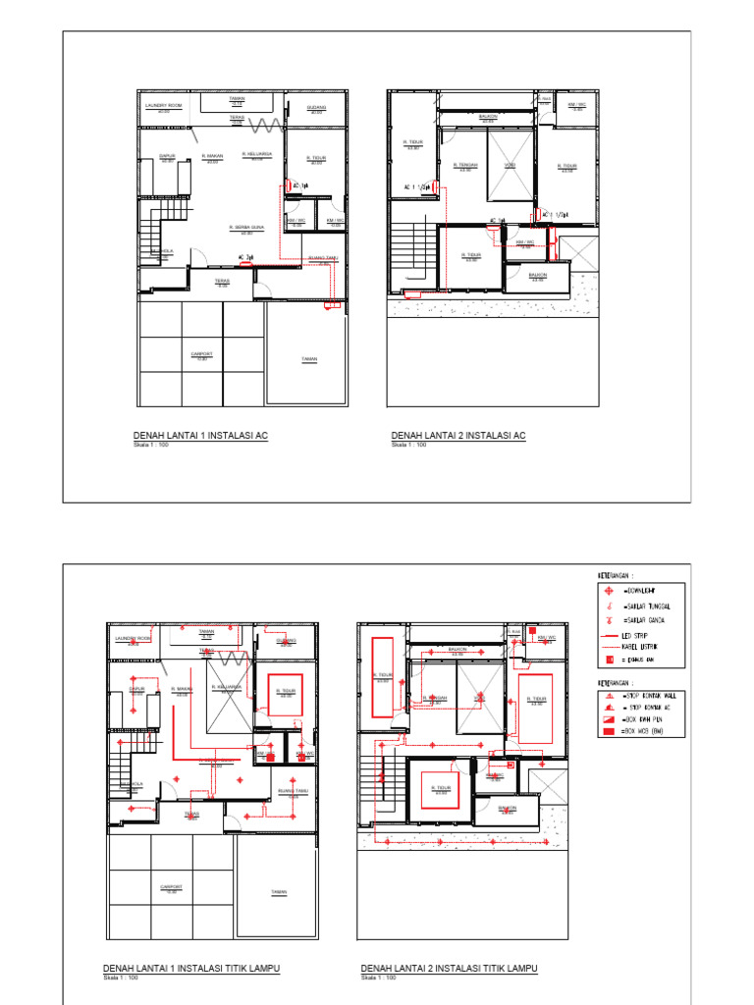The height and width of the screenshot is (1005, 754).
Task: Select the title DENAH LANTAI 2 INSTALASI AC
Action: coord(458,436)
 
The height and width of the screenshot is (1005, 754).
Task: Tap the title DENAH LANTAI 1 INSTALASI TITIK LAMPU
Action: coord(191,969)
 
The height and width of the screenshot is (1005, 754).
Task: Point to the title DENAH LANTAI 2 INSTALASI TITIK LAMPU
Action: coord(450,969)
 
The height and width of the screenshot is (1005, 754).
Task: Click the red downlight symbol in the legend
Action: coord(610,592)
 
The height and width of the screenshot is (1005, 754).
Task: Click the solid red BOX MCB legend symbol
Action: coord(610,732)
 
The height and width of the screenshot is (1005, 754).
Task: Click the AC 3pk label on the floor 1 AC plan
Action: coord(247,257)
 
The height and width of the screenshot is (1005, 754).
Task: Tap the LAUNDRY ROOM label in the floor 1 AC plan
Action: coord(164,105)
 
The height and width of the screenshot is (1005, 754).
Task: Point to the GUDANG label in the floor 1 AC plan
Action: coord(316,107)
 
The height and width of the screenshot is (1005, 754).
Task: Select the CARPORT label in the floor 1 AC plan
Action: coord(202,353)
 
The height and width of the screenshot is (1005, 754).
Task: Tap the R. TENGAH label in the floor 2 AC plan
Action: coord(464,165)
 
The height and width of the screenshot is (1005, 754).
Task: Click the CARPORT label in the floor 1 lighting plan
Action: coord(172,886)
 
